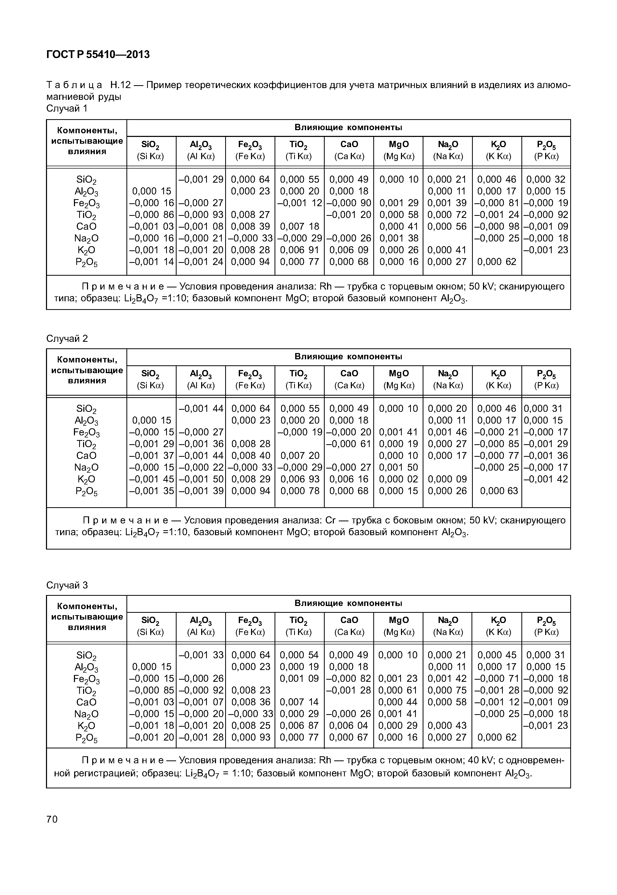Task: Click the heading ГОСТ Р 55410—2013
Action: coord(98,55)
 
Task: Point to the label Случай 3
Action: coord(67,585)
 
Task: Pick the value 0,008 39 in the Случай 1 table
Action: coord(250,226)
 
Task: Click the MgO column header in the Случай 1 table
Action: coord(399,150)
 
